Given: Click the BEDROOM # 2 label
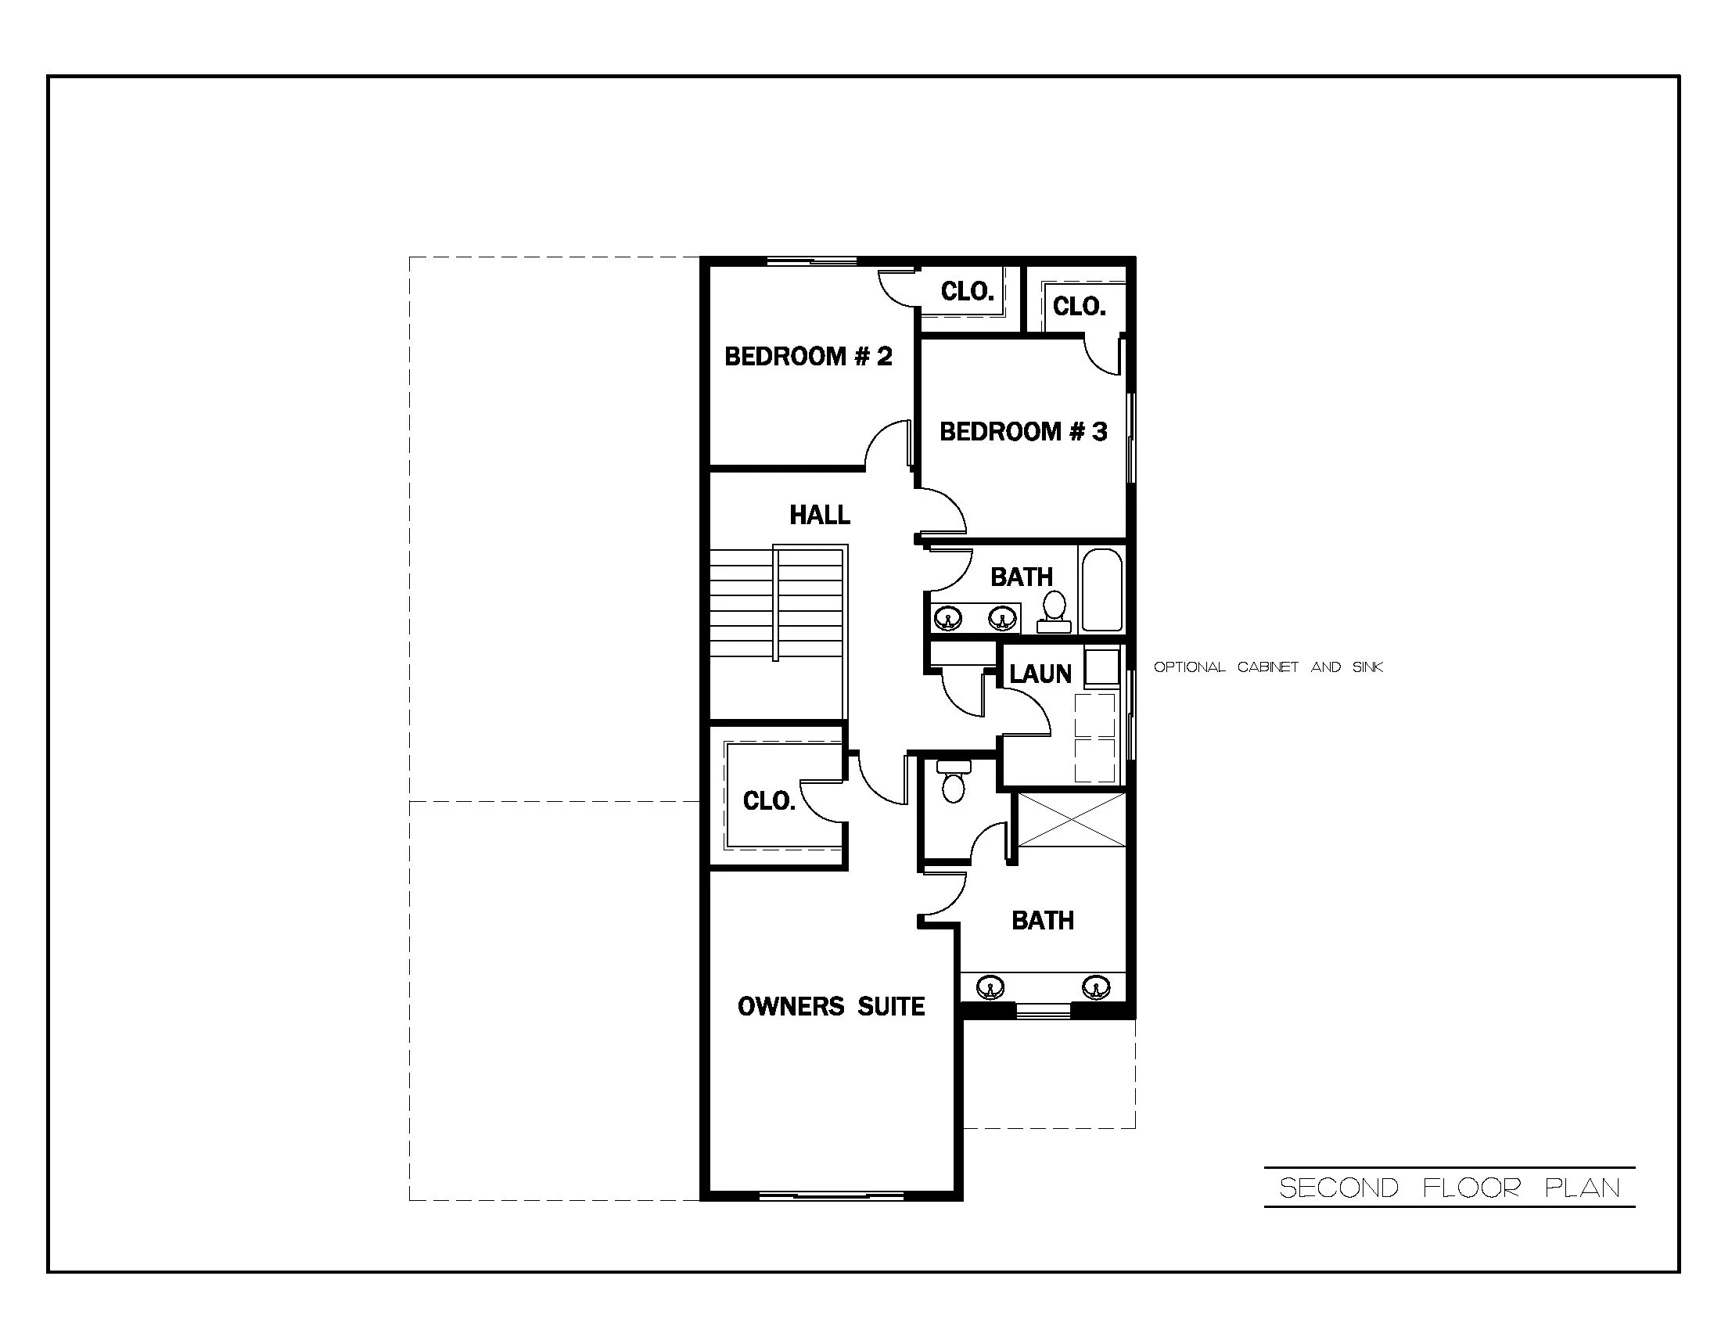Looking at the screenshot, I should pos(808,357).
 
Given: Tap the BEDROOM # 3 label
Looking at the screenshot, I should pos(1023,432).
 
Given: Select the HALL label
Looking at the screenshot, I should pos(820,516).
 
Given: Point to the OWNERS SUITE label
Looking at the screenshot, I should pos(831,1006).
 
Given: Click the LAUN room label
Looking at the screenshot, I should pos(1040,674).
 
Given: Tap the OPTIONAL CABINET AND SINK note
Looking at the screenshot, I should pos(1268,667).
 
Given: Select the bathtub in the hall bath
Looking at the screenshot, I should pos(1101,589).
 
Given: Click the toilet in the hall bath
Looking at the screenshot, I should pos(1054,612).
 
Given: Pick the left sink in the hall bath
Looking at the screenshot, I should pos(947,618).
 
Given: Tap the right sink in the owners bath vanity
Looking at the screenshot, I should pos(1095,987).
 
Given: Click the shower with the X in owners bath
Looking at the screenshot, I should pos(1072,820).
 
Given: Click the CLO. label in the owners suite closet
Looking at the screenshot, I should pos(769,801).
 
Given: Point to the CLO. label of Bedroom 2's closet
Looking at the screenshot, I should pos(967,293).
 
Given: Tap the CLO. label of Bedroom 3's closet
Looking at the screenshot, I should pos(1079,307).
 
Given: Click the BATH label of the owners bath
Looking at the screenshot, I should pos(1043,920).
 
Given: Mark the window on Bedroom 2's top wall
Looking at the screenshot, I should pos(812,261).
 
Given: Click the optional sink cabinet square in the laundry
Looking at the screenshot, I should pos(1101,667).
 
